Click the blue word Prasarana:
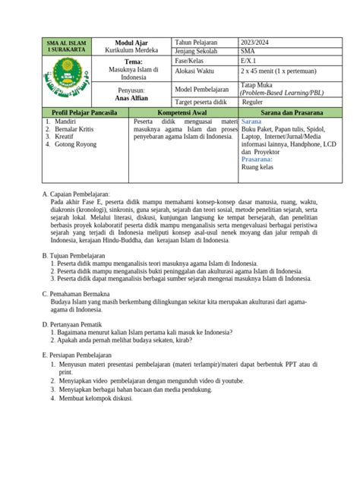(259, 161)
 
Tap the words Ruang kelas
(261, 170)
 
